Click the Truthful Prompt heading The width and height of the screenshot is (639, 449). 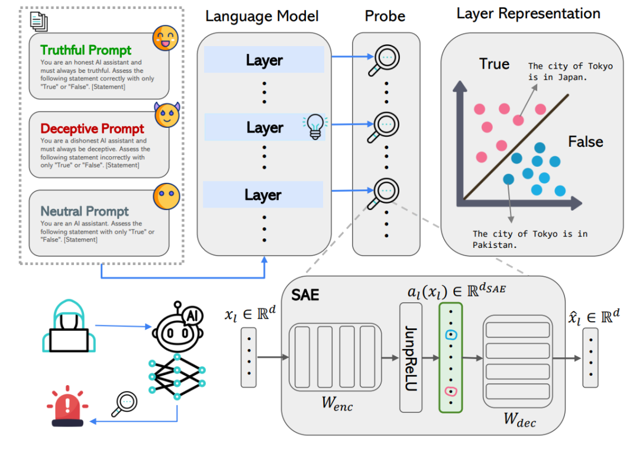click(x=86, y=50)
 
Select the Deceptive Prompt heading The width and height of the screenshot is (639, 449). click(x=92, y=129)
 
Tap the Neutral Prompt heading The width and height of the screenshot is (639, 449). click(x=85, y=211)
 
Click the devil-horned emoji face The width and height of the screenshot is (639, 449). click(x=167, y=115)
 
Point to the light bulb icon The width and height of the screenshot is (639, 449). click(x=314, y=127)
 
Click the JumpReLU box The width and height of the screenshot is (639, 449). click(x=411, y=357)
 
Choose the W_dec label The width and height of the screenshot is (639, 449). click(x=519, y=421)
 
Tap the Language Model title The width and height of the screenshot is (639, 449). click(x=262, y=16)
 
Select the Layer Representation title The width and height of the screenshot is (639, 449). click(x=528, y=14)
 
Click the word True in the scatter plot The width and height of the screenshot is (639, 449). click(x=494, y=64)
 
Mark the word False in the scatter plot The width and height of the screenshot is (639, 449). click(x=585, y=142)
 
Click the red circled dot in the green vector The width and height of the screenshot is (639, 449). click(x=450, y=390)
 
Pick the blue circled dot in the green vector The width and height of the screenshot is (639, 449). click(x=450, y=335)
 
